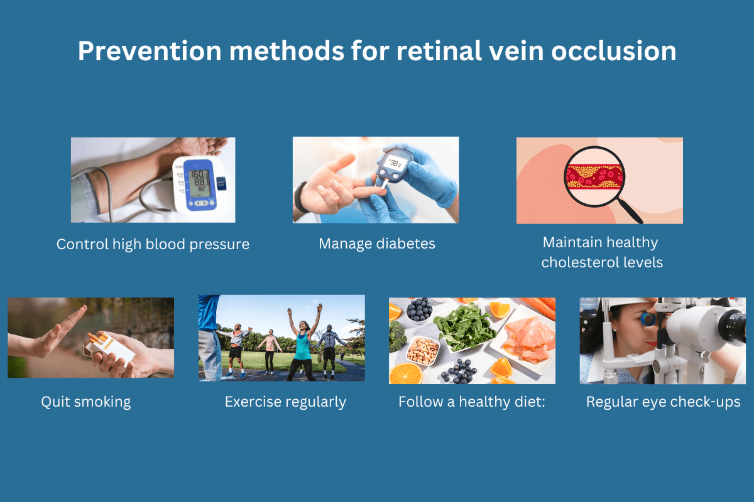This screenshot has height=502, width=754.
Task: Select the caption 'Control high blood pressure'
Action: (153, 244)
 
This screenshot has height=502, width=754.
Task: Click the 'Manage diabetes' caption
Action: (376, 243)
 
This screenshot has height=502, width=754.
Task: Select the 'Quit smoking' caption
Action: (86, 402)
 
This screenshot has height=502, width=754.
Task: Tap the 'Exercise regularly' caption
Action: (285, 402)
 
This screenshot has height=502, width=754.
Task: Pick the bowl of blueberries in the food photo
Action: (418, 309)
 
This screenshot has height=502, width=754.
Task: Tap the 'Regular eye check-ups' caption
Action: (663, 402)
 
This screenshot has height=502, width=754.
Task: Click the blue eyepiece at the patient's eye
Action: (648, 319)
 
